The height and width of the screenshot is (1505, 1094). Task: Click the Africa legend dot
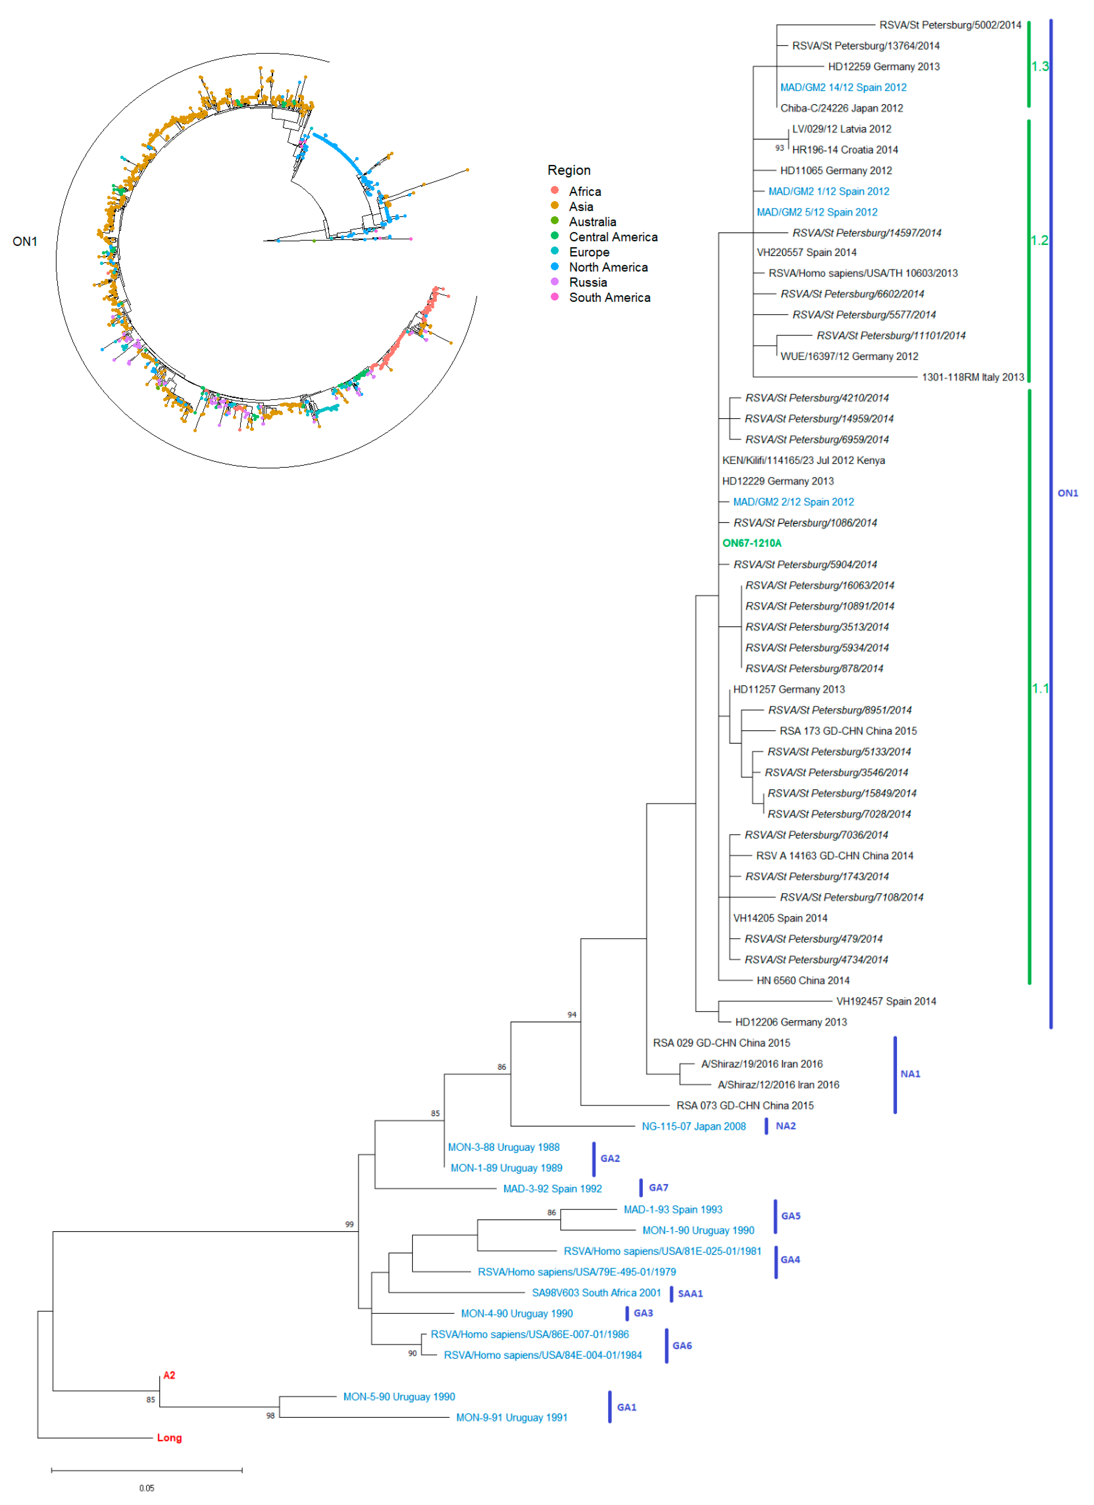[555, 191]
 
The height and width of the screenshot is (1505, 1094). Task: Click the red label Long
[169, 1438]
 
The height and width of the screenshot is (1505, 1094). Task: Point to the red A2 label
[169, 1376]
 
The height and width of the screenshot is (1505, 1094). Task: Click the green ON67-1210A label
[752, 543]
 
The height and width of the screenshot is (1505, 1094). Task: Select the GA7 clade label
[658, 1188]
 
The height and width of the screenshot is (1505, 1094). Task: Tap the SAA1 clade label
[690, 1294]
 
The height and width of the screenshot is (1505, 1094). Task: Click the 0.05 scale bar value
[147, 1489]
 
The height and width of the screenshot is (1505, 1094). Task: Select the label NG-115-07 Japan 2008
[693, 1127]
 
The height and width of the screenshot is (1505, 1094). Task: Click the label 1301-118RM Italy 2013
[973, 378]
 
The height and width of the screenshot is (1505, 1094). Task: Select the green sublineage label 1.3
[1040, 66]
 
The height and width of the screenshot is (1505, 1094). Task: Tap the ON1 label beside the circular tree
[25, 241]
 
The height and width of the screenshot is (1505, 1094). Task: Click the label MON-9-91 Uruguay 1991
[512, 1418]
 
